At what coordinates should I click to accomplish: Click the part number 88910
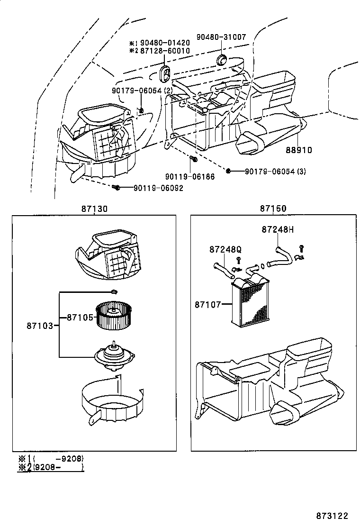(x=298, y=150)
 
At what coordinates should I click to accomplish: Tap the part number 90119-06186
(x=190, y=176)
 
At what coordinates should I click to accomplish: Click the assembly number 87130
(x=94, y=209)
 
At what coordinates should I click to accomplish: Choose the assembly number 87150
(x=273, y=209)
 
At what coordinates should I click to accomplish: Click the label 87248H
(x=278, y=230)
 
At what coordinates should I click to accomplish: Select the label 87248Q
(x=225, y=250)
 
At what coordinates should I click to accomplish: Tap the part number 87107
(x=207, y=304)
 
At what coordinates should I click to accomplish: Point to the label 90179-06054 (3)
(x=275, y=171)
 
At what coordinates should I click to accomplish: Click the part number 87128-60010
(x=165, y=51)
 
